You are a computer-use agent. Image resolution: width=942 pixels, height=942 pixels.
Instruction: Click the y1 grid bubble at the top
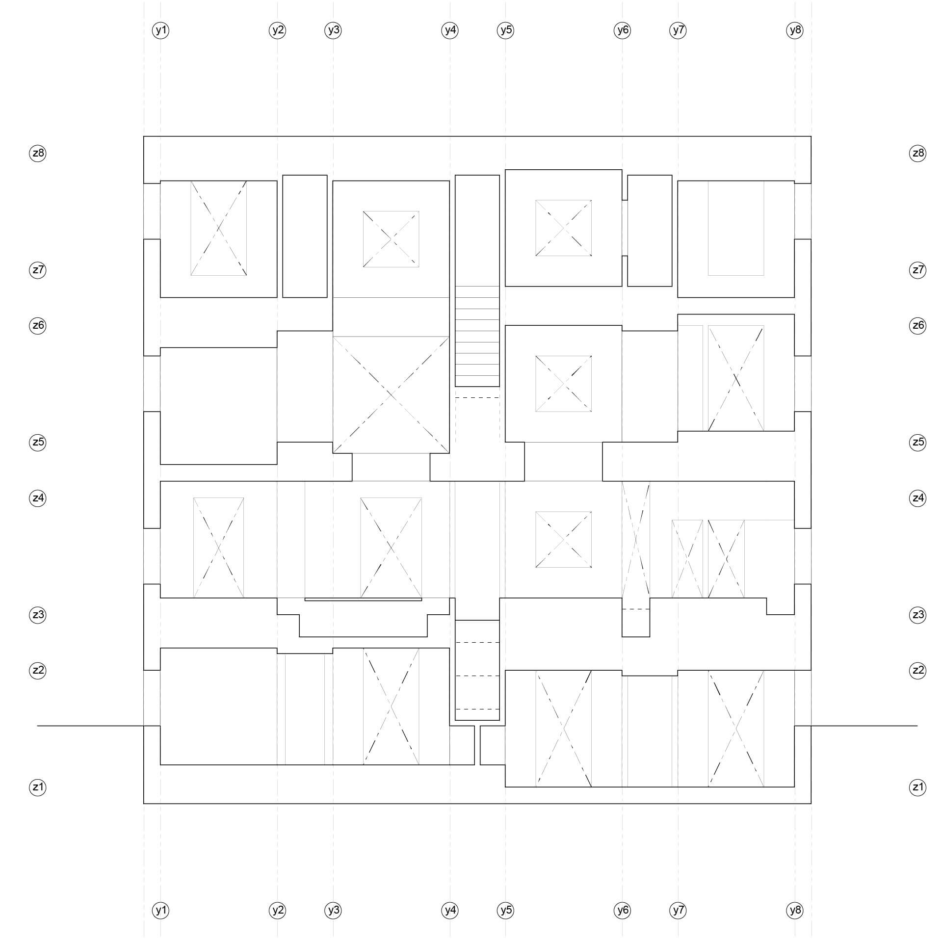point(160,30)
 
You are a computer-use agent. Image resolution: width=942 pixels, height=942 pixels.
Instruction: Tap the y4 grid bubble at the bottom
point(450,911)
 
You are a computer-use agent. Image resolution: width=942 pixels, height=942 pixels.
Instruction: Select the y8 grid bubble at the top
point(795,30)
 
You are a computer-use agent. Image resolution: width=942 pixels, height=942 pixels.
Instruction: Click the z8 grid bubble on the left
point(38,153)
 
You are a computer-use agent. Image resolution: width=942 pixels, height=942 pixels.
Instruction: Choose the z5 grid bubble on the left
point(38,442)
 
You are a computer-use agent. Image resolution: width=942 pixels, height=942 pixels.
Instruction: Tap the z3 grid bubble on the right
point(917,615)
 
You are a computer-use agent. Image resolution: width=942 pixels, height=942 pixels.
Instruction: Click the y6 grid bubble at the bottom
point(622,911)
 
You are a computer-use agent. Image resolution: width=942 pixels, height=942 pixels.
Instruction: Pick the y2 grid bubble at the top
point(277,30)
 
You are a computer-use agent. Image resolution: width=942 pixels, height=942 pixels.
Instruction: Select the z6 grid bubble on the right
point(917,325)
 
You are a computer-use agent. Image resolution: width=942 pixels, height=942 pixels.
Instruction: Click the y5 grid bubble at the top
point(505,30)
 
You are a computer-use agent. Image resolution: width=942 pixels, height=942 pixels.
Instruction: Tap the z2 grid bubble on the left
point(38,670)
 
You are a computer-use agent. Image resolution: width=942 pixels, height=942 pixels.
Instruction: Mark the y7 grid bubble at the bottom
point(678,911)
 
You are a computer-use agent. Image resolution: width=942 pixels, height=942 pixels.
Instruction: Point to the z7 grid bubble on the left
point(38,270)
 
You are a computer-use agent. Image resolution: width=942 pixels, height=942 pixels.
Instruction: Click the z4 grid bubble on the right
point(917,498)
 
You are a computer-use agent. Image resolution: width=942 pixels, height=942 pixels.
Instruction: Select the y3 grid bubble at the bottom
point(333,911)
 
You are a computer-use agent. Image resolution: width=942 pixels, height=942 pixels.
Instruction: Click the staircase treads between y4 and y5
point(477,336)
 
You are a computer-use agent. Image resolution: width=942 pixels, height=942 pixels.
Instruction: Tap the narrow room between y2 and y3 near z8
point(305,236)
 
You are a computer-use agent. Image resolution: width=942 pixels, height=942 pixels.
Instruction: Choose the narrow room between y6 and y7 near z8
point(650,231)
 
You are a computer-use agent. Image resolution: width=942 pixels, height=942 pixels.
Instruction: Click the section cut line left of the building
point(90,725)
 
